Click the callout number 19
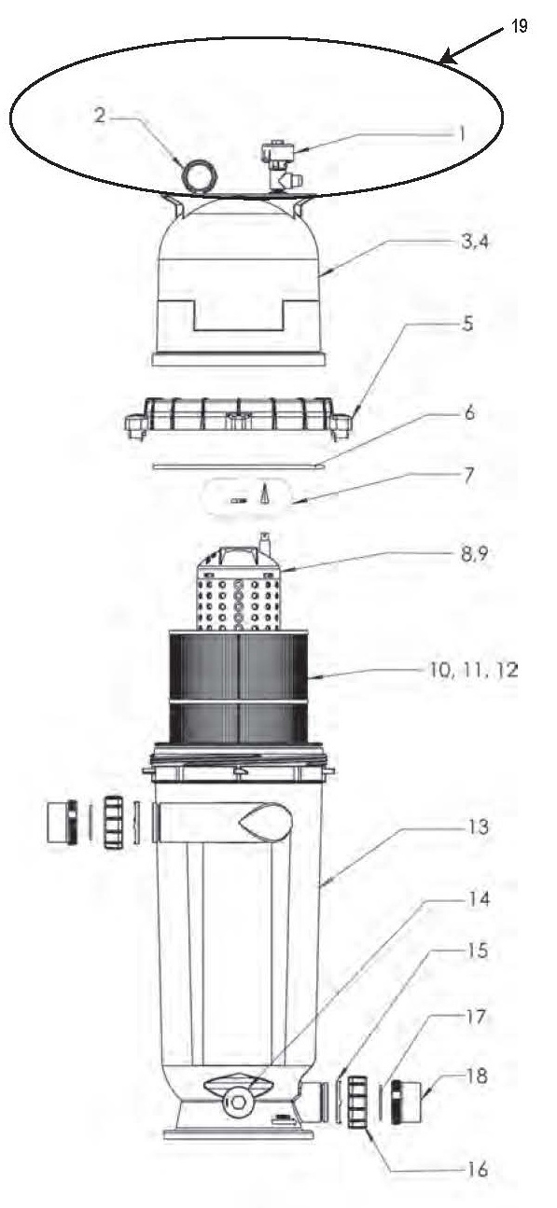coord(519,25)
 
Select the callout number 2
coord(100,115)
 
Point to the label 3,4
coord(475,242)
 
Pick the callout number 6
coord(469,413)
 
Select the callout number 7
coord(469,476)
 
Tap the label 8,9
coord(474,554)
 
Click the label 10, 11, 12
coord(473,671)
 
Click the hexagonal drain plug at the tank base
coord(237,1096)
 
